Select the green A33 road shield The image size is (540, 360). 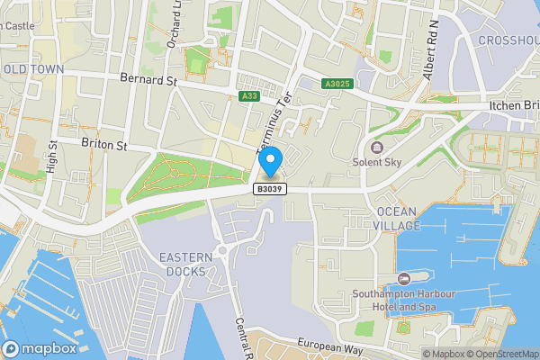(249, 96)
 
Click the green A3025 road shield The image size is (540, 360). (337, 84)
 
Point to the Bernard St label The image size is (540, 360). (148, 80)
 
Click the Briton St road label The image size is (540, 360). (104, 144)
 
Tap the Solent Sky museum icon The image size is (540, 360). (376, 147)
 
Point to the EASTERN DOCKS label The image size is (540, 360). (186, 265)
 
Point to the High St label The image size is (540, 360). (53, 157)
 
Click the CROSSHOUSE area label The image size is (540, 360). (509, 40)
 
